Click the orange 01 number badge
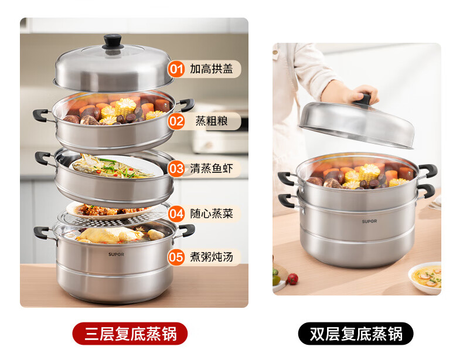click(176, 69)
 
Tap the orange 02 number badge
click(176, 121)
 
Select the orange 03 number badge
click(176, 169)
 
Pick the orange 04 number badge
click(176, 213)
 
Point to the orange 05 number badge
click(176, 257)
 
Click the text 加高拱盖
click(212, 69)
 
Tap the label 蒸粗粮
click(212, 121)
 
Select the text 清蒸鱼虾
click(212, 168)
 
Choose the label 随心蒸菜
click(212, 213)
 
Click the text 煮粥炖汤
click(212, 257)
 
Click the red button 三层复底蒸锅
click(130, 334)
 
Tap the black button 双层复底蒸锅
click(356, 334)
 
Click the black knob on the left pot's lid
click(113, 42)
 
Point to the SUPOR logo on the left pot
click(116, 254)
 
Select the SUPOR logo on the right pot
click(369, 221)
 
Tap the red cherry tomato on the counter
click(292, 279)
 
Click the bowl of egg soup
click(425, 277)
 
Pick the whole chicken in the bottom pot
click(109, 235)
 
